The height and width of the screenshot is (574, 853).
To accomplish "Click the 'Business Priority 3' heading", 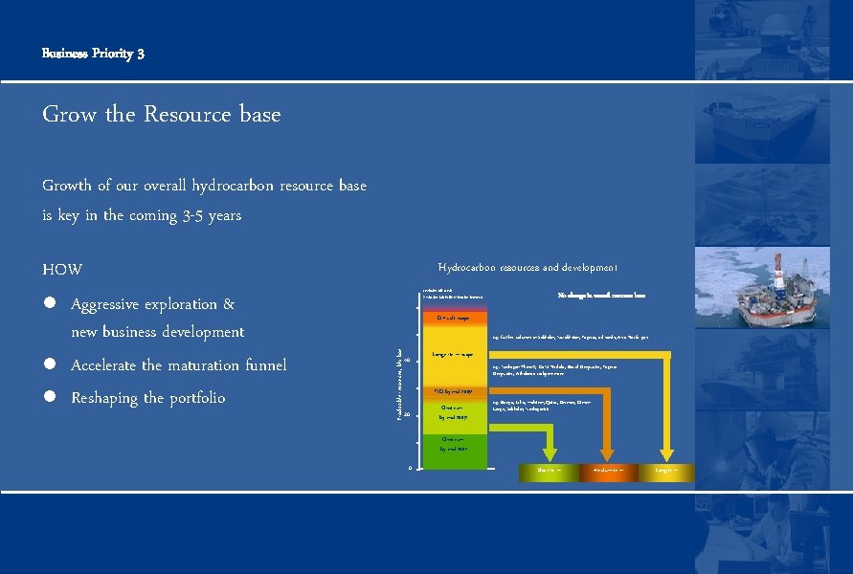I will point(93,54).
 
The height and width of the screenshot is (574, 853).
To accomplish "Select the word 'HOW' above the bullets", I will point(62,270).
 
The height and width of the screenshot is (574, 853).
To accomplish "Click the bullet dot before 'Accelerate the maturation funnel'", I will point(48,365).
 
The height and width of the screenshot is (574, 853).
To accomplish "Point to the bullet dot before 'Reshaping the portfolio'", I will point(48,398).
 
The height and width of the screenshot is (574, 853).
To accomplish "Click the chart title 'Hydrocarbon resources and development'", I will point(528,268).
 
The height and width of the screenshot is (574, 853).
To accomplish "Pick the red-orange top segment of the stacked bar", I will point(454,317).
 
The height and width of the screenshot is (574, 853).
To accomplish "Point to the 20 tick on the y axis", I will point(407,415).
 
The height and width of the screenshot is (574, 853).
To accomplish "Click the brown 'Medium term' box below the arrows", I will point(606,472).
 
